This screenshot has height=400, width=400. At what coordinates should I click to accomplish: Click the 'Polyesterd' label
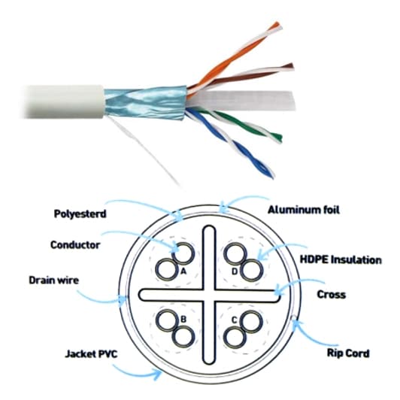coord(80,214)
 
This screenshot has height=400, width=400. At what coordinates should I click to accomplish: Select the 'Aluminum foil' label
coord(304,210)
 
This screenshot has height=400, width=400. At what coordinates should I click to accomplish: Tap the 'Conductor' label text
coord(75,245)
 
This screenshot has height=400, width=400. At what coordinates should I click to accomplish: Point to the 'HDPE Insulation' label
coord(341,260)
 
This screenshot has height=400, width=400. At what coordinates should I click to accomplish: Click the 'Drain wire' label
coord(54,280)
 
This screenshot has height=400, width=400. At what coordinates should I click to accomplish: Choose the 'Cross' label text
coord(332,295)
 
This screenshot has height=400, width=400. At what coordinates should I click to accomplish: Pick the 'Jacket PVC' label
coord(91,354)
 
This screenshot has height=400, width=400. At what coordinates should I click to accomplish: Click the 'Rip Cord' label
coord(348,353)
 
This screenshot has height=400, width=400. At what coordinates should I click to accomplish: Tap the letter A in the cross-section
coord(183,272)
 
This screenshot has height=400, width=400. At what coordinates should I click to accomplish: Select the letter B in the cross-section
coord(183,320)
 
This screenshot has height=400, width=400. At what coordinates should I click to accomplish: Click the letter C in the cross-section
coord(235,320)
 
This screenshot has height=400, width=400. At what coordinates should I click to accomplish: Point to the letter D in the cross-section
coord(235,271)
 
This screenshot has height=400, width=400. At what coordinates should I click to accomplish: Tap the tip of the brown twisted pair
coord(292,66)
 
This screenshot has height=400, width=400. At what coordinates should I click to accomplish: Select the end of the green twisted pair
coord(279,138)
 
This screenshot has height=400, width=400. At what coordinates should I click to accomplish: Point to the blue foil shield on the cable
coord(144,103)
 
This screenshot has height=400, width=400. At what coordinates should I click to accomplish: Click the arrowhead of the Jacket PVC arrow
coord(160,372)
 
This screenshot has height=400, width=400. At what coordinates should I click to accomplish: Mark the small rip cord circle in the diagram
coord(294,317)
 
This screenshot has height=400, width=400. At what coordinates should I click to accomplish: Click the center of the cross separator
coord(209,295)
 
